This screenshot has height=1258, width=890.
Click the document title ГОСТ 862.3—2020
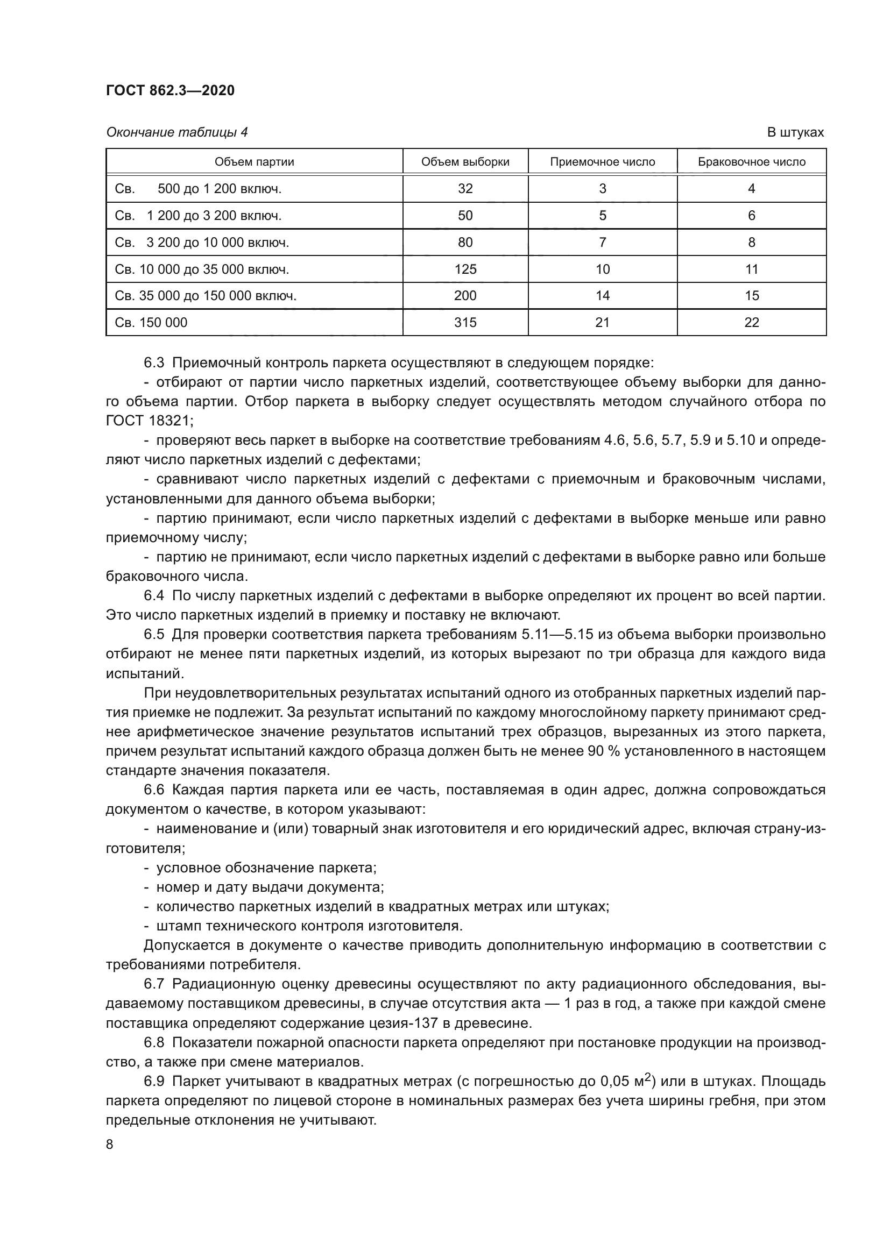click(170, 90)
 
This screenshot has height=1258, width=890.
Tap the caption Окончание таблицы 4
click(176, 132)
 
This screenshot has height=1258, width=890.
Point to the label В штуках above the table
click(795, 132)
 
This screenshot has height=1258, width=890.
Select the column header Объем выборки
click(465, 162)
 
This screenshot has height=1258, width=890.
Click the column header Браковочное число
click(751, 162)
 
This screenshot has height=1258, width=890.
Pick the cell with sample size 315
click(465, 322)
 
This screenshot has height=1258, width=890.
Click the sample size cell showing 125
click(465, 269)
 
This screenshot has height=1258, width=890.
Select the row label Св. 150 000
click(151, 322)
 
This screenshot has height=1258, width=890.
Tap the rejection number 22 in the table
click(751, 322)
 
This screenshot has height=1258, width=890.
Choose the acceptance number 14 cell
click(602, 296)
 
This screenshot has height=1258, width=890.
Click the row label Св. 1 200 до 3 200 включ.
click(198, 215)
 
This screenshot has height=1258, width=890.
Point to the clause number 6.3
click(154, 363)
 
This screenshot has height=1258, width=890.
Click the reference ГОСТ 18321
click(147, 421)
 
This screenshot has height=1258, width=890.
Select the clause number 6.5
click(154, 635)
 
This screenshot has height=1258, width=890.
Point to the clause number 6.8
click(154, 1042)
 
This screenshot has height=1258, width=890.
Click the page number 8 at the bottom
click(110, 1145)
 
